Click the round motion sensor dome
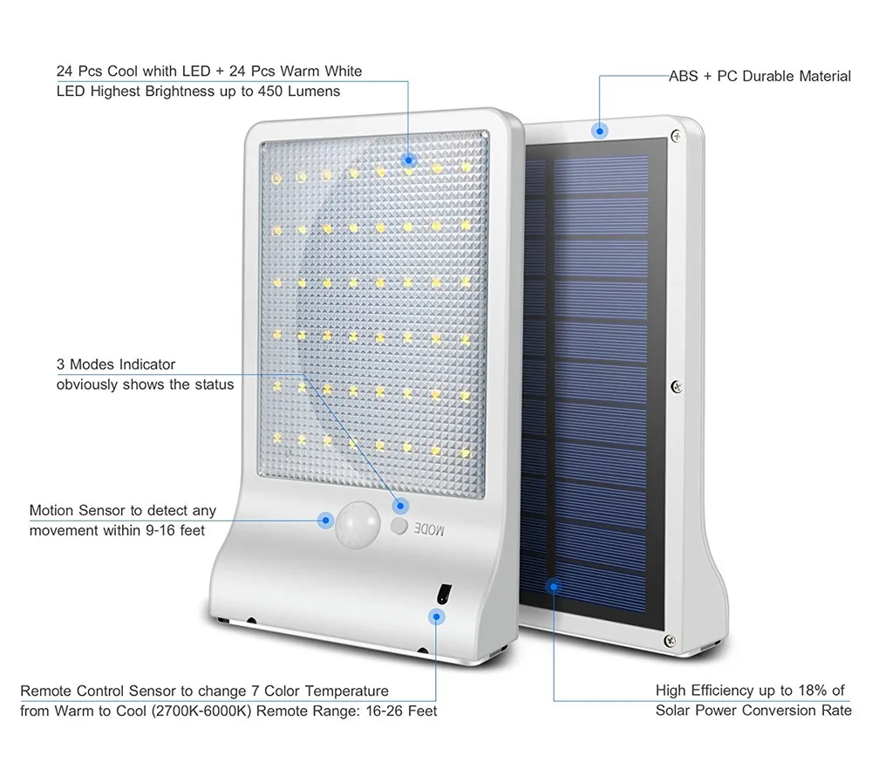coord(357,524)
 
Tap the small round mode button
coord(399,526)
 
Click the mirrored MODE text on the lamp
coord(429,528)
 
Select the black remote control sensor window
coord(443,594)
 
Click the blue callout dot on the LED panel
coord(409,160)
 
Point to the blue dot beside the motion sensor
coord(326,521)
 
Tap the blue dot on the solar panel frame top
coord(600,132)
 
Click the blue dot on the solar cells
coord(554,586)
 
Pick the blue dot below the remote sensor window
coord(437,616)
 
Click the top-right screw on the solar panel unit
coord(677,135)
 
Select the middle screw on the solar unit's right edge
coord(677,386)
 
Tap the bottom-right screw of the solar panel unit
coord(670,641)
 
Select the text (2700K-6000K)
coord(201,711)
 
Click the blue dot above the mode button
coord(400,506)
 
